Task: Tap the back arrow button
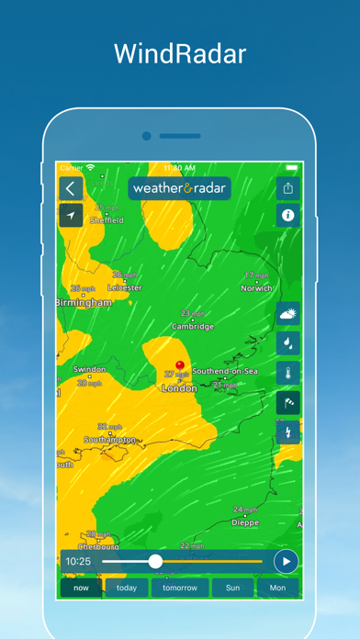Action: point(71,188)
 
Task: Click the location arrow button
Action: point(71,215)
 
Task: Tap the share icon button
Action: point(288,188)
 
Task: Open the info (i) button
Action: point(288,216)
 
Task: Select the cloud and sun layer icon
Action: point(288,314)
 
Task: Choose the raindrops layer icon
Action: point(288,343)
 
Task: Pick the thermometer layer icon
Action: point(288,373)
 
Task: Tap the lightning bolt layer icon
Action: point(288,432)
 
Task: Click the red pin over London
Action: point(180,365)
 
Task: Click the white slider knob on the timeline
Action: point(155,560)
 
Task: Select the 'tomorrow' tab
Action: point(180,588)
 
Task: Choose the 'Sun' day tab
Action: point(233,588)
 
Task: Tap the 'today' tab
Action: point(127,588)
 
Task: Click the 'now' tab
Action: point(81,588)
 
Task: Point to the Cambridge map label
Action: point(193,326)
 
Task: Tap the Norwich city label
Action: point(256,287)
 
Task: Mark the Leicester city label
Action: point(125,287)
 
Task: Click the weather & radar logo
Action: point(179,188)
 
